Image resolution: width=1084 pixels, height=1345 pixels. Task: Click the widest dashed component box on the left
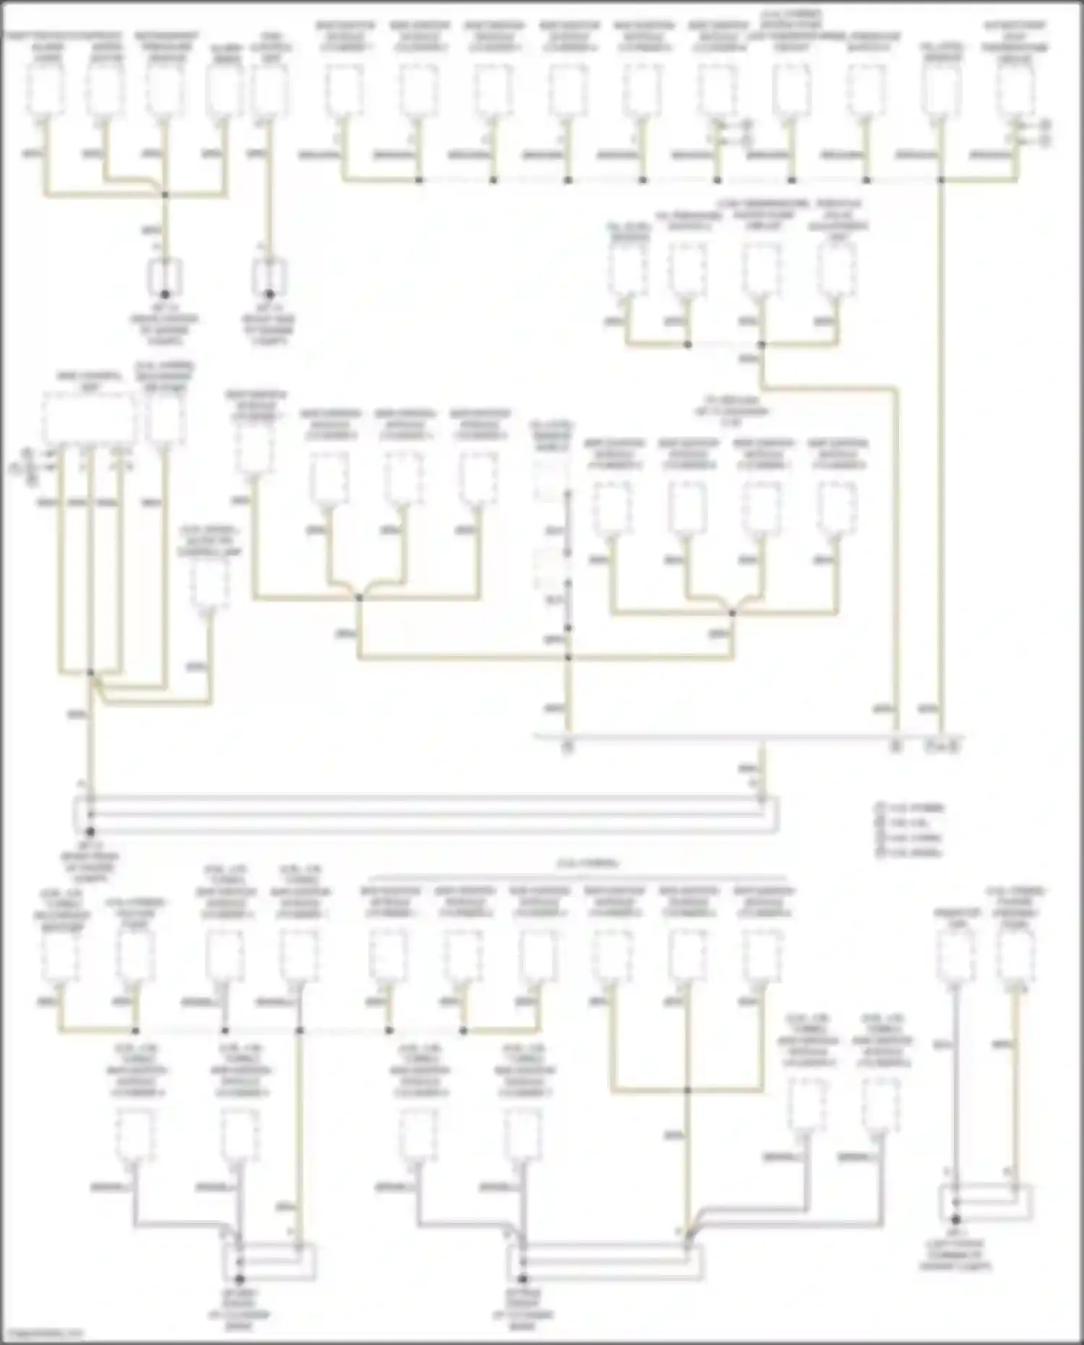coord(88,419)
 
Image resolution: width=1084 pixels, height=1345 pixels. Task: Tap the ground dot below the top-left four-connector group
coord(165,294)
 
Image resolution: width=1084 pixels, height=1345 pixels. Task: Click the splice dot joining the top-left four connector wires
coord(165,194)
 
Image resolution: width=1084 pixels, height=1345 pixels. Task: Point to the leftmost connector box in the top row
coord(46,90)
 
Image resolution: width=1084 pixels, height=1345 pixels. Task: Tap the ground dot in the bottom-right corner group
coord(955,1219)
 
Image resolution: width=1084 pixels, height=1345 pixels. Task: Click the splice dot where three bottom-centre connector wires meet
coord(687,1090)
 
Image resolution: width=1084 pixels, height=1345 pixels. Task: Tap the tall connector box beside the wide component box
coord(165,419)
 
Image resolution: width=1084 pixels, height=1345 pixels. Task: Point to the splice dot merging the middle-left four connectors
coord(359,598)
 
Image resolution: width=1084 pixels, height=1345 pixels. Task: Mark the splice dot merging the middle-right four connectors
coord(732,614)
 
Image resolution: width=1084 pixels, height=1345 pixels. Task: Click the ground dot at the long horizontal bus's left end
coord(90,832)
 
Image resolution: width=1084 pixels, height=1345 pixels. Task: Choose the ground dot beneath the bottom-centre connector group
coord(522,1279)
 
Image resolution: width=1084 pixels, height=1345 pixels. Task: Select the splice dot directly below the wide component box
coord(90,673)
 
